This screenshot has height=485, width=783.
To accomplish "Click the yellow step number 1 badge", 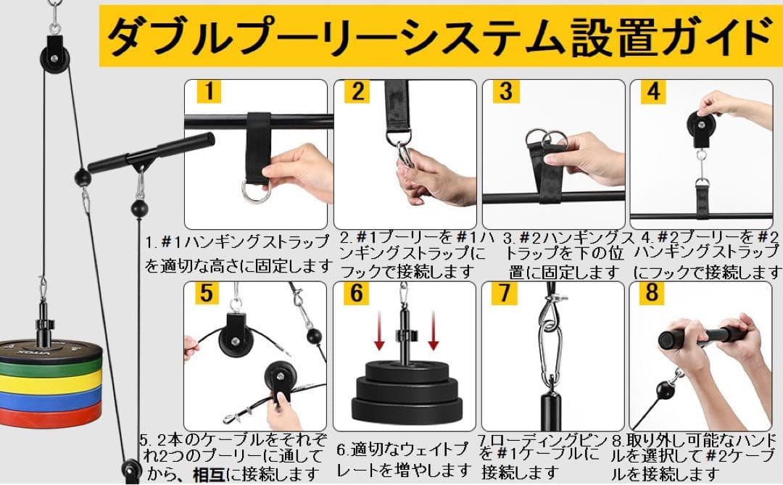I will [x=207, y=92].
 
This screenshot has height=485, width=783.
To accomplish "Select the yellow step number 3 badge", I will [x=506, y=92].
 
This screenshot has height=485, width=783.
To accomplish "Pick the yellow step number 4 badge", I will [x=654, y=92].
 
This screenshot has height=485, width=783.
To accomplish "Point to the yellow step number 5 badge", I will [x=207, y=294].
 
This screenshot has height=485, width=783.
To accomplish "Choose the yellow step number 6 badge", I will [x=357, y=294].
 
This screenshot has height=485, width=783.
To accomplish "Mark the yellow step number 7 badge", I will [x=506, y=294].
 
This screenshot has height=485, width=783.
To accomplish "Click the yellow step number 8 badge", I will [x=654, y=294].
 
